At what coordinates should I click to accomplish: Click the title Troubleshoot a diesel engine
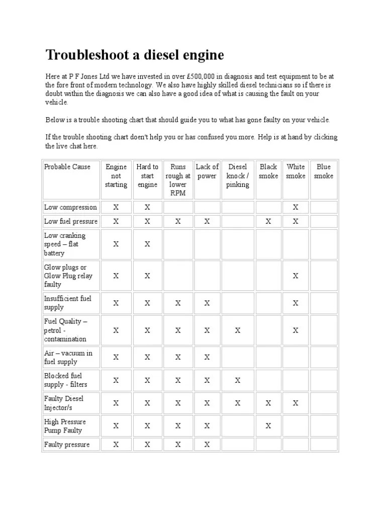(x=135, y=55)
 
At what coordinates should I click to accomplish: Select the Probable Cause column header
(x=67, y=167)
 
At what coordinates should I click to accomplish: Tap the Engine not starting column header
(x=116, y=176)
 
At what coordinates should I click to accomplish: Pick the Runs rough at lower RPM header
(x=178, y=180)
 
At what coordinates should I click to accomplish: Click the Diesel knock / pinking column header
(x=238, y=176)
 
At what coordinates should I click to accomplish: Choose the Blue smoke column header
(x=324, y=171)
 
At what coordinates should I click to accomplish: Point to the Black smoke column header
(x=268, y=171)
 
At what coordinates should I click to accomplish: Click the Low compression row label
(x=70, y=207)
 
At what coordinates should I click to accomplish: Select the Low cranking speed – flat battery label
(x=65, y=244)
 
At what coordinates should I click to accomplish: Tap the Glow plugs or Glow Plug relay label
(x=68, y=276)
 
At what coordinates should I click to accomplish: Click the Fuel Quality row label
(x=66, y=330)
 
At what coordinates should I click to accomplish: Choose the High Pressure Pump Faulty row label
(x=65, y=426)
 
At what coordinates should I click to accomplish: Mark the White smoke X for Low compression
(x=296, y=207)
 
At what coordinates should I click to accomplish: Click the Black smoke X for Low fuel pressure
(x=268, y=221)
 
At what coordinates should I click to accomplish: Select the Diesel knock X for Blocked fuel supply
(x=238, y=380)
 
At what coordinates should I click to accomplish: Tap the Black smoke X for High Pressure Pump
(x=268, y=426)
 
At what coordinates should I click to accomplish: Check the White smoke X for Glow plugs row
(x=296, y=276)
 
